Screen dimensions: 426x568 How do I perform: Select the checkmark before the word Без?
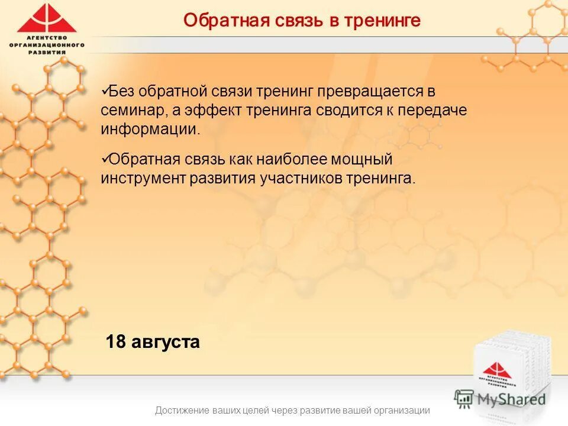pos(104,91)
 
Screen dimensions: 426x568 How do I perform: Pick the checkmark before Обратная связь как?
pos(104,159)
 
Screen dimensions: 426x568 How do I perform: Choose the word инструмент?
pos(143,179)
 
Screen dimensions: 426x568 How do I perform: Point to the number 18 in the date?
pos(115,342)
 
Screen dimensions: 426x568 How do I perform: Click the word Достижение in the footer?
pos(183,411)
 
